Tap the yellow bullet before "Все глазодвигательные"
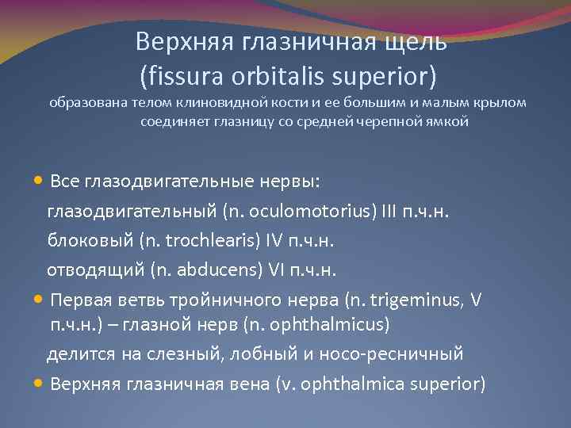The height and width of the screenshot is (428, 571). click(40, 181)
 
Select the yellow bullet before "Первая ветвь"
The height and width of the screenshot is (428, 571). click(40, 300)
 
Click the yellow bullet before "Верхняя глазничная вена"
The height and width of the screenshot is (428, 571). click(40, 384)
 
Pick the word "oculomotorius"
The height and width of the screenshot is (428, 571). click(293, 211)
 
